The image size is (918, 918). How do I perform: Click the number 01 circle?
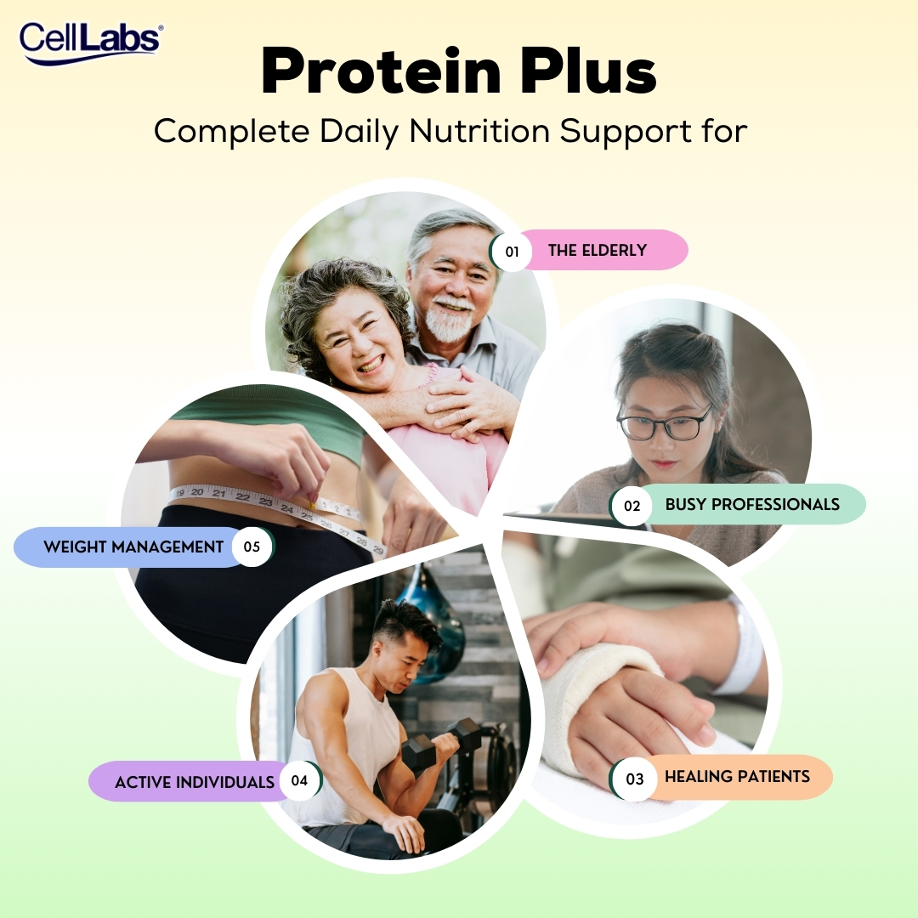point(512,252)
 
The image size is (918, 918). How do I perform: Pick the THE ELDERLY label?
point(598,250)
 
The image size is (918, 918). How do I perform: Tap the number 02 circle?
point(632,506)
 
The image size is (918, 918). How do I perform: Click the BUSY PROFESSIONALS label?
point(752,504)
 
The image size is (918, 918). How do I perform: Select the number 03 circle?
point(635,779)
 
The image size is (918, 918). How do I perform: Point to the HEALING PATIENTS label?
point(737,776)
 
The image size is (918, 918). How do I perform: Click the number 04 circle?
point(299,781)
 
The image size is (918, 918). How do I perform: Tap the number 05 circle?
point(252,547)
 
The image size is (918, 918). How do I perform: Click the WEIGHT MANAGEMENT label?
point(133,547)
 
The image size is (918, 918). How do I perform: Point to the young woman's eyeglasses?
point(664,422)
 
